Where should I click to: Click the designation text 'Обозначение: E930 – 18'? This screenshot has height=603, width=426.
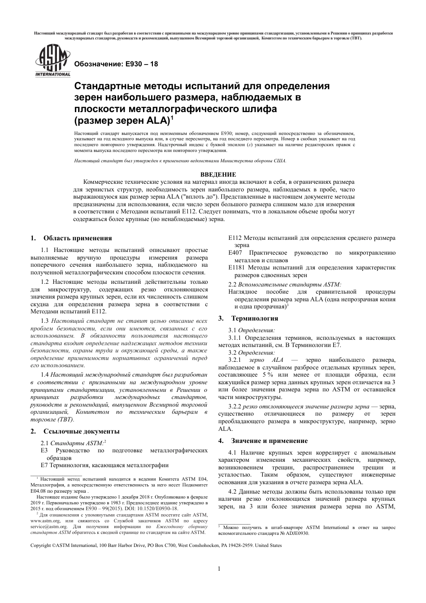point(116,64)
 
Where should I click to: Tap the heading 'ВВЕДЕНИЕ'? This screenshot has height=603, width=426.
point(218,174)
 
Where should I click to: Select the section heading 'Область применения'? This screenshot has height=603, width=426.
point(78,238)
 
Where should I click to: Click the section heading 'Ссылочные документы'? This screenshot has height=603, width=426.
point(81,431)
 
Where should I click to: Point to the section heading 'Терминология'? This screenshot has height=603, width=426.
point(254,318)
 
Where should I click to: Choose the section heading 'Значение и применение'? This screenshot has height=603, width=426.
point(269,441)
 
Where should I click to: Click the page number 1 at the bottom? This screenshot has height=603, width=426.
point(218,569)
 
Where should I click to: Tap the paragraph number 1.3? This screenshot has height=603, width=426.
point(44,321)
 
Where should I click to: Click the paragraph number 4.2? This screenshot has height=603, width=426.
point(232,492)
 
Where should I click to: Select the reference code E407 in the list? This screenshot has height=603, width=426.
point(235,253)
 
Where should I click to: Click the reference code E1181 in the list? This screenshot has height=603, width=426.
point(237,268)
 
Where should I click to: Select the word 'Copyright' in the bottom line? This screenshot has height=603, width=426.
point(41,545)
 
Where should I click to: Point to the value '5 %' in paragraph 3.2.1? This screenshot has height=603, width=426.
point(268,374)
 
